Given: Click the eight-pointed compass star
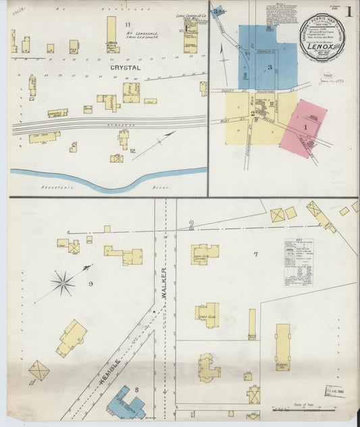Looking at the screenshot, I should (63, 282).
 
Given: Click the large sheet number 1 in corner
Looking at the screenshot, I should (349, 11).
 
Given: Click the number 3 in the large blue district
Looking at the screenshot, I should (269, 67).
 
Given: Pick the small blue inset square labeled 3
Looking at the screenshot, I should (217, 10).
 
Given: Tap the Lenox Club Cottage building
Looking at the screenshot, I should (205, 253).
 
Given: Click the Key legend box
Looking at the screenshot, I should (299, 262).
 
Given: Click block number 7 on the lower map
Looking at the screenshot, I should (255, 254).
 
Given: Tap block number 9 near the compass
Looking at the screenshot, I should (91, 284).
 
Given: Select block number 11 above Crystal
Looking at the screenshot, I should (127, 25).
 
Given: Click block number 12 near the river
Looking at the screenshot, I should (133, 150).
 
